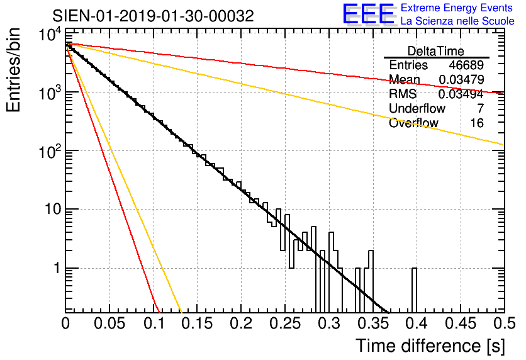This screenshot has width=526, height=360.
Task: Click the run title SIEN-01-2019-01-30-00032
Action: [153, 16]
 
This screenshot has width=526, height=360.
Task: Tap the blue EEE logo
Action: [369, 14]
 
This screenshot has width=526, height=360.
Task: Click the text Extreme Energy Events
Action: [457, 8]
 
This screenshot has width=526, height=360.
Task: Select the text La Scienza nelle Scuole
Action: [457, 21]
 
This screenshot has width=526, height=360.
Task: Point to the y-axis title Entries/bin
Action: [13, 70]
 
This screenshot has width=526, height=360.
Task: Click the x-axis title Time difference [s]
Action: [430, 346]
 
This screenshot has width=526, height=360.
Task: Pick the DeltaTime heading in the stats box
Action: [436, 51]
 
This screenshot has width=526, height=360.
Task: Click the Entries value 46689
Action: [466, 65]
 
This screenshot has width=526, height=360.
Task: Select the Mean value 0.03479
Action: [461, 79]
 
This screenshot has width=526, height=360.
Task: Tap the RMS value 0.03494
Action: [461, 94]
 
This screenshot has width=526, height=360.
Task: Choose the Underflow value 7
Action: [480, 108]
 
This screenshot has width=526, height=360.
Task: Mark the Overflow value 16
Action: [477, 123]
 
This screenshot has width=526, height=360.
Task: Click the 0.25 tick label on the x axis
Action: [285, 323]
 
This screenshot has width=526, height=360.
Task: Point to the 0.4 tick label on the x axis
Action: [417, 323]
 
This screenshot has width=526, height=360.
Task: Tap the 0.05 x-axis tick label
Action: [109, 323]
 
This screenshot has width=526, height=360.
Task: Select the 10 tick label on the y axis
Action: [53, 210]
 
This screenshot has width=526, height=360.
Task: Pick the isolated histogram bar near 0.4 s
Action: [414, 290]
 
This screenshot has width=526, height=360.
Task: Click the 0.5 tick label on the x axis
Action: [504, 323]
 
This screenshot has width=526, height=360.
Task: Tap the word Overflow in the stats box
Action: [413, 123]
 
